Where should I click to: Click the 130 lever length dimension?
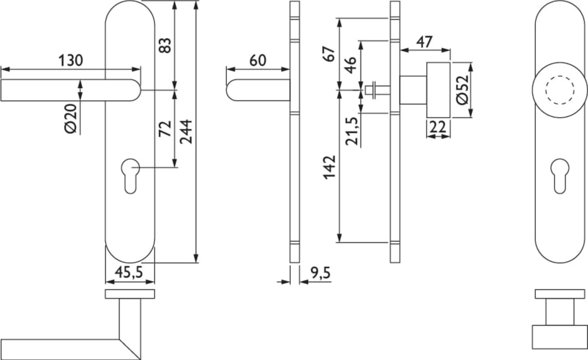pyautogui.click(x=71, y=60)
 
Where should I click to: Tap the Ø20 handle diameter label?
pyautogui.click(x=71, y=119)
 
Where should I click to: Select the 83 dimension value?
pyautogui.click(x=165, y=45)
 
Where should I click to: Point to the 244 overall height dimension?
pyautogui.click(x=186, y=132)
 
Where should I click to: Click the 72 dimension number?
pyautogui.click(x=165, y=129)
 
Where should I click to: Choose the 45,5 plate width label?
pyautogui.click(x=129, y=272)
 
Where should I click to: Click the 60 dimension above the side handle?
pyautogui.click(x=258, y=60)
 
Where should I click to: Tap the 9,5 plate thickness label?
pyautogui.click(x=321, y=273)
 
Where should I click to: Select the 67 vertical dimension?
pyautogui.click(x=329, y=54)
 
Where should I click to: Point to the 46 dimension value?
pyautogui.click(x=350, y=65)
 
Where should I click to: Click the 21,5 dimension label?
pyautogui.click(x=352, y=131)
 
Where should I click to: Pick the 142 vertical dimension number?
pyautogui.click(x=329, y=168)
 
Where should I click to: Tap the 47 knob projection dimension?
pyautogui.click(x=425, y=42)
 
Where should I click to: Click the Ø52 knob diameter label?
pyautogui.click(x=462, y=90)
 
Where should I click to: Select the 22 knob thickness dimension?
pyautogui.click(x=438, y=127)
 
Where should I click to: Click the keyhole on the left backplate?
pyautogui.click(x=131, y=176)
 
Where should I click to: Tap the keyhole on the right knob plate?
pyautogui.click(x=560, y=176)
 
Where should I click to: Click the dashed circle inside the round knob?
pyautogui.click(x=560, y=76)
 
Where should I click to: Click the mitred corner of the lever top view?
pyautogui.click(x=130, y=350)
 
